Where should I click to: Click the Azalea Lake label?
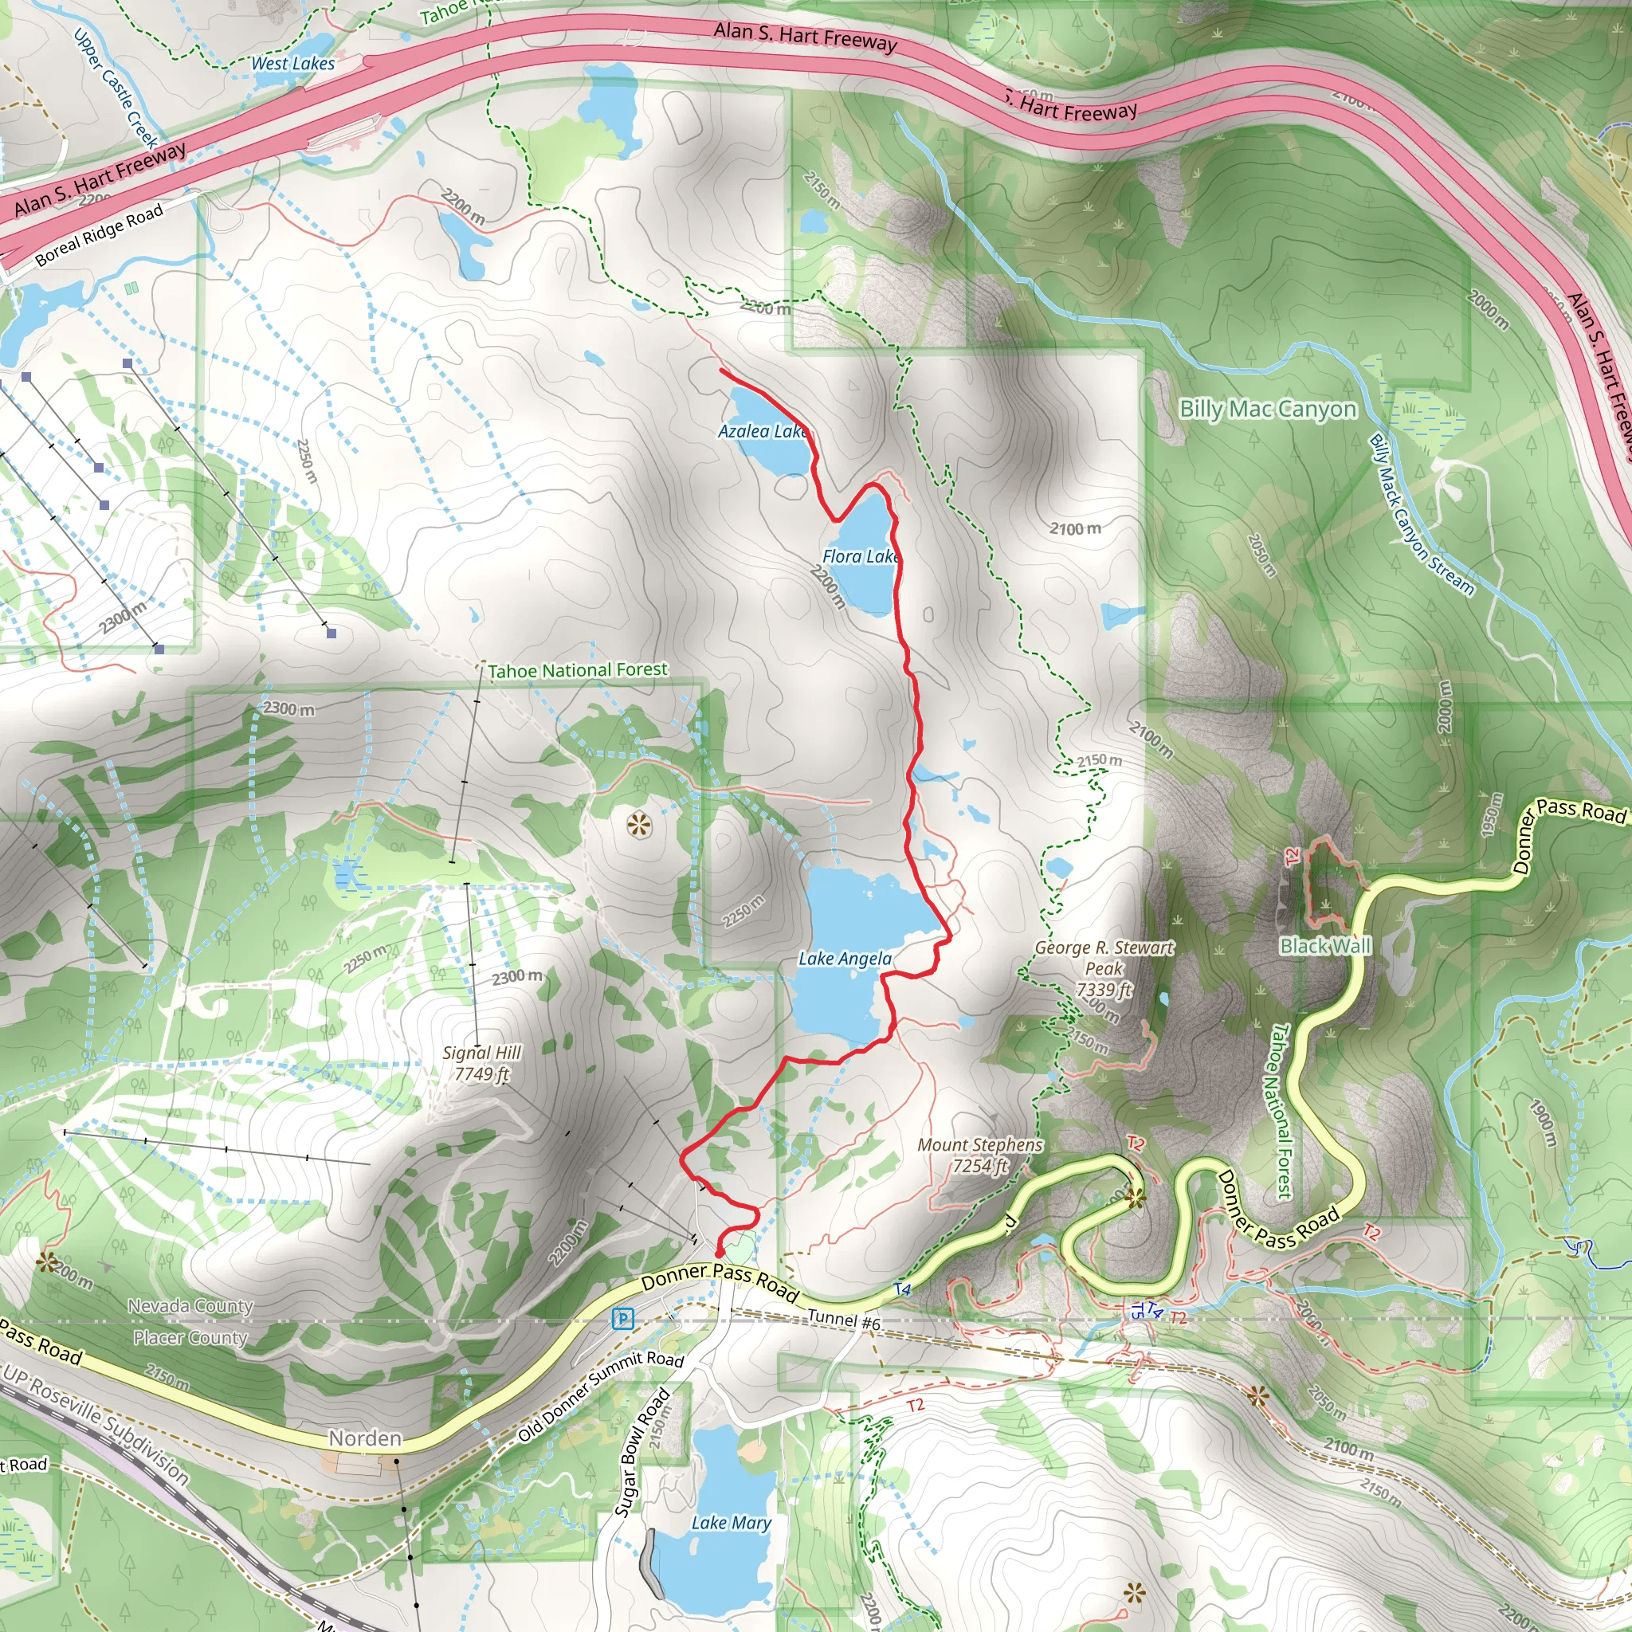763,431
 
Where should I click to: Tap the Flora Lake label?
860,556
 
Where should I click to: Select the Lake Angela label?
845,958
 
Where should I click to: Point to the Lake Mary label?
731,1522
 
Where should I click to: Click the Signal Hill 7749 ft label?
481,1063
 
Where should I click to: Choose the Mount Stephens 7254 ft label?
980,1155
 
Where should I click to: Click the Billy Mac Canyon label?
1268,409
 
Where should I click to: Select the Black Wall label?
1325,945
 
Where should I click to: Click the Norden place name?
365,1438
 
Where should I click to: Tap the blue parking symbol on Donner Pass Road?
622,1318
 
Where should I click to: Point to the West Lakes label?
293,64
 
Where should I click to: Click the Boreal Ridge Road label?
100,236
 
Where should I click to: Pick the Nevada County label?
190,1306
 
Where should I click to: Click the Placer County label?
190,1337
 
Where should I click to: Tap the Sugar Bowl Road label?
642,1451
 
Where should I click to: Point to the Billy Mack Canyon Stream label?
1421,516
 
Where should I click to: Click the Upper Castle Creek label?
116,88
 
